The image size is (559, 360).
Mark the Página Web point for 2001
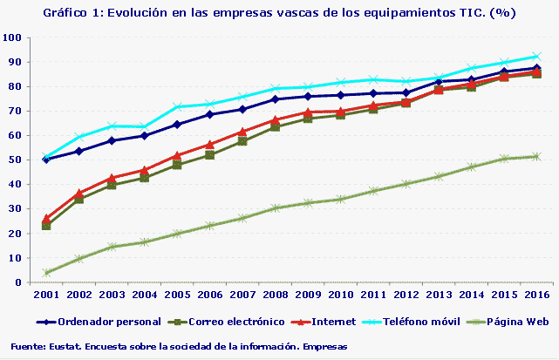[x=46, y=273]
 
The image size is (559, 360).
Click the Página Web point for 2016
[x=536, y=157]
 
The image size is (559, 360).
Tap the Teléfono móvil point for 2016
[x=536, y=56]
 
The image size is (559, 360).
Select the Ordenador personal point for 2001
[x=46, y=160]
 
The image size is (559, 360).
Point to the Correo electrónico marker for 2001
[x=46, y=226]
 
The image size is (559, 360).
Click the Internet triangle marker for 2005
[x=177, y=156]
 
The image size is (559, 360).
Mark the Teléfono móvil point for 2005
[x=177, y=107]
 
